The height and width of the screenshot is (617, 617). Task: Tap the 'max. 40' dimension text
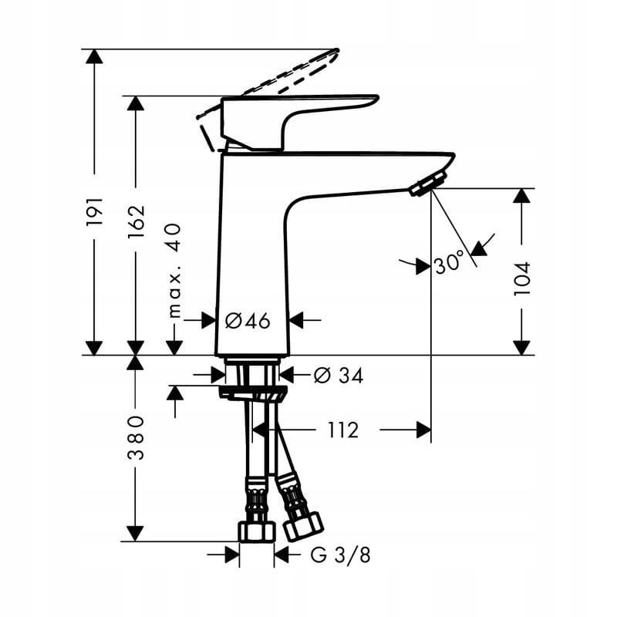(174, 270)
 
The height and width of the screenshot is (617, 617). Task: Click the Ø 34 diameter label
(338, 376)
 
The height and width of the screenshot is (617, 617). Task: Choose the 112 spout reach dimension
(342, 430)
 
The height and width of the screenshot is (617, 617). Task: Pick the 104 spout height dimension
(522, 279)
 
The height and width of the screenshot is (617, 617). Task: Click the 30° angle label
(450, 265)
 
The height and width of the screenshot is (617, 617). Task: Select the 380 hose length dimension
(136, 437)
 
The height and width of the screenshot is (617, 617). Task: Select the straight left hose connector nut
(256, 531)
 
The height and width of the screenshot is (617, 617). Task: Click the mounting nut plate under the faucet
(252, 394)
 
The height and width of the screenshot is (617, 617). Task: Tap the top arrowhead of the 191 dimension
(94, 56)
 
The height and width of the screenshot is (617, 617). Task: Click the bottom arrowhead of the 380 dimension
(136, 533)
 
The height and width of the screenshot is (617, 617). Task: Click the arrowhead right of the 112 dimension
(423, 430)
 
